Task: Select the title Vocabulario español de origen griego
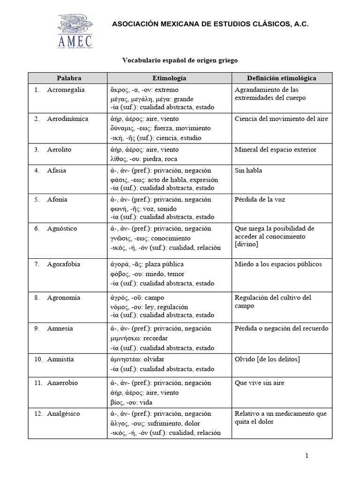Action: pos(180,60)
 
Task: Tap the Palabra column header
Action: pos(67,78)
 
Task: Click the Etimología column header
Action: pos(169,78)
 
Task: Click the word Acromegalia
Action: pos(67,90)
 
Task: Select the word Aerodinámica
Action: pos(67,119)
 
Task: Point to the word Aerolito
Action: pos(60,150)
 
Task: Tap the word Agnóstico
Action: pos(62,229)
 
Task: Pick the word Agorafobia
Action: pos(64,264)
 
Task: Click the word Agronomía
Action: pos(64,298)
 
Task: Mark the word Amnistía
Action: pos(60,360)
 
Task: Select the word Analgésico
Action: pos(64,414)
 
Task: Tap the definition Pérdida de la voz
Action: pos(260,200)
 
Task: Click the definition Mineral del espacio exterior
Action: pos(276,150)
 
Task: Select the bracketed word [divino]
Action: pos(247,245)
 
